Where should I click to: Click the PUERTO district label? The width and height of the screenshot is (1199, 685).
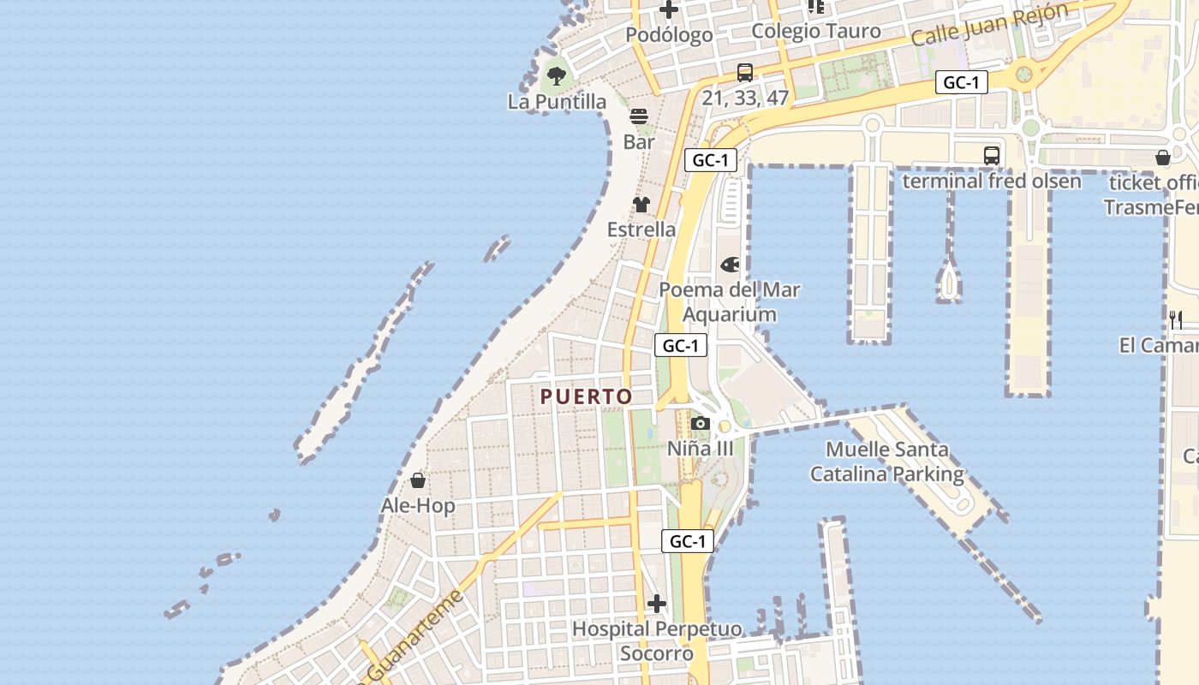(587, 396)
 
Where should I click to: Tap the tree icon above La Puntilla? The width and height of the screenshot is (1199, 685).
(557, 75)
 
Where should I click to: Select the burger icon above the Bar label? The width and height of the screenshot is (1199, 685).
(639, 116)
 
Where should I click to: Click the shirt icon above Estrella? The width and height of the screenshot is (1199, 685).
(641, 205)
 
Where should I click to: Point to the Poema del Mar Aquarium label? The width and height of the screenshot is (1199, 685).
(730, 302)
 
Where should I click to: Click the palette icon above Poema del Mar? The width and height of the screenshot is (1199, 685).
(730, 265)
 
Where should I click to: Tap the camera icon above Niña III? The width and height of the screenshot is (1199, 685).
(701, 423)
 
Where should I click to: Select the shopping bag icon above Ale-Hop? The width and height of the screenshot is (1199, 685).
(418, 480)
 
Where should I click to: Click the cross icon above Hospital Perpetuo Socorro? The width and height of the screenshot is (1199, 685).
(657, 604)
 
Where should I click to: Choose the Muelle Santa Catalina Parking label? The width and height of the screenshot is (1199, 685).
(887, 462)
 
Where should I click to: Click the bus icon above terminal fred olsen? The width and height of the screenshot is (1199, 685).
(992, 156)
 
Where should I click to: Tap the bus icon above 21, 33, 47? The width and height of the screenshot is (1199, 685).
(745, 73)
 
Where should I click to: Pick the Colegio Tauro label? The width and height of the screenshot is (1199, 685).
(816, 32)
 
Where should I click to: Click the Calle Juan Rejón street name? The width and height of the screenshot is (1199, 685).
(989, 24)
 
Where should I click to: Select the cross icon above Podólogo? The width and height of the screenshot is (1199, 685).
(669, 10)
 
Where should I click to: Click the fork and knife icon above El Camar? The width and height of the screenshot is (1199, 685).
(1176, 320)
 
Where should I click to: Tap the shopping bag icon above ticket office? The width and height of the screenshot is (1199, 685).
(1163, 158)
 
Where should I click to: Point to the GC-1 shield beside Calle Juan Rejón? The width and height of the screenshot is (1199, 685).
(962, 82)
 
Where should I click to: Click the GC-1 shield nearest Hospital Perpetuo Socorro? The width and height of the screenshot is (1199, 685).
(688, 541)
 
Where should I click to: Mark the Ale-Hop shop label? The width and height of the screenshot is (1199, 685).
(418, 506)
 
